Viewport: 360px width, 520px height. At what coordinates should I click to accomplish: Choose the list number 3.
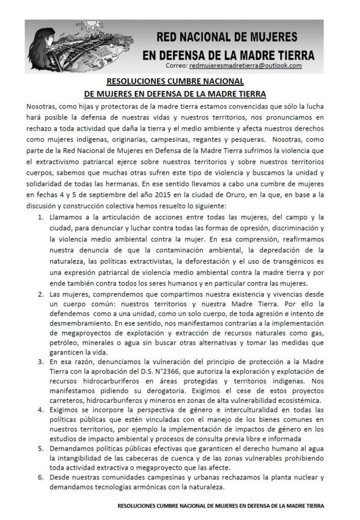coord(42,362)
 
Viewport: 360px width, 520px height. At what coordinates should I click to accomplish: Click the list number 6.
coord(42,478)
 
